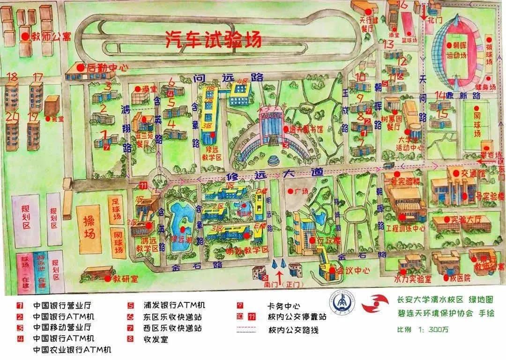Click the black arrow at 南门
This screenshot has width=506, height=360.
coord(280,274)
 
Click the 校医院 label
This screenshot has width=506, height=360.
coord(460,278)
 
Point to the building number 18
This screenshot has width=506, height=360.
coord(12,76)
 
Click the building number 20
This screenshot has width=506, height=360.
coord(12,116)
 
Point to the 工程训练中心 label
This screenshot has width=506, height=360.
coord(405,229)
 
